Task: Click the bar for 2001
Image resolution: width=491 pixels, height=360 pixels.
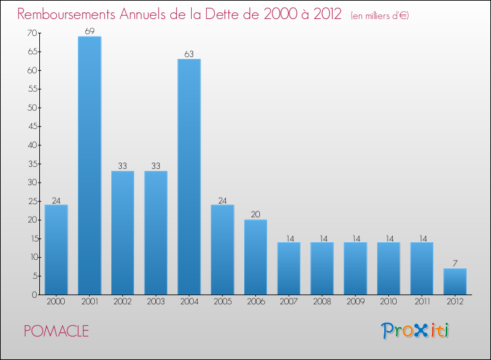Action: coord(90,165)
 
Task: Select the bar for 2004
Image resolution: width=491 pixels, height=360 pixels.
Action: coord(189,177)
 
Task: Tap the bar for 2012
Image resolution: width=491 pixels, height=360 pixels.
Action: coord(455,281)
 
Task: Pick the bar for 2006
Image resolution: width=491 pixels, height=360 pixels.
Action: coord(255,257)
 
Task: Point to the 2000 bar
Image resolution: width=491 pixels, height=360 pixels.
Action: coord(56,249)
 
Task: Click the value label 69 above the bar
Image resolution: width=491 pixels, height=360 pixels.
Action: coord(90,31)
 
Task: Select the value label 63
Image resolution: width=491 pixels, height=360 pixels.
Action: coord(189,54)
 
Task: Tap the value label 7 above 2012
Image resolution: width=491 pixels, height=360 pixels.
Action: coord(455,263)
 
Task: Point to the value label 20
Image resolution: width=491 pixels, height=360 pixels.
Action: coord(255,215)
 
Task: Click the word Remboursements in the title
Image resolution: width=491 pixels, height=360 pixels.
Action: coord(68,14)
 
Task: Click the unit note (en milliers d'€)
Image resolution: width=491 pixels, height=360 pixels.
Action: coord(380,16)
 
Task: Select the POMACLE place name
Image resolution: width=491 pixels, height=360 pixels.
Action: coord(56,331)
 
